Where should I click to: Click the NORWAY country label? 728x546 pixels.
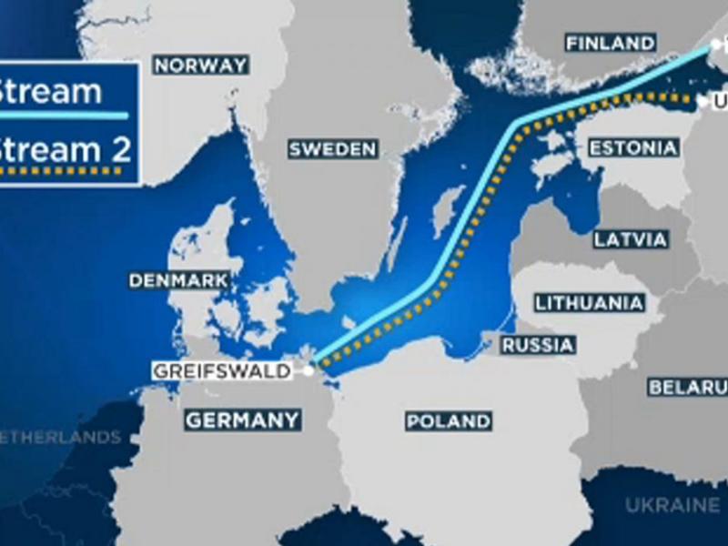click(201, 66)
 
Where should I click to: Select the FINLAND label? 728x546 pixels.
click(610, 43)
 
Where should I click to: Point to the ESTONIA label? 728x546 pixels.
click(633, 148)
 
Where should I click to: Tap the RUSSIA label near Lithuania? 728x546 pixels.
click(539, 346)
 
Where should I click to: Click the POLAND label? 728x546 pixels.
click(449, 421)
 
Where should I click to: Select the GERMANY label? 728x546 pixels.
click(242, 420)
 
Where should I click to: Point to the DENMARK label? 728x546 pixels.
click(179, 281)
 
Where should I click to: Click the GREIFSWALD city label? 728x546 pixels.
click(222, 371)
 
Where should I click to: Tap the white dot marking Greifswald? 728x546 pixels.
click(310, 370)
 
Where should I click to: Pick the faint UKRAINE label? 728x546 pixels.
click(672, 505)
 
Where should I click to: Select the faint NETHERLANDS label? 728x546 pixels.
click(60, 438)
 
